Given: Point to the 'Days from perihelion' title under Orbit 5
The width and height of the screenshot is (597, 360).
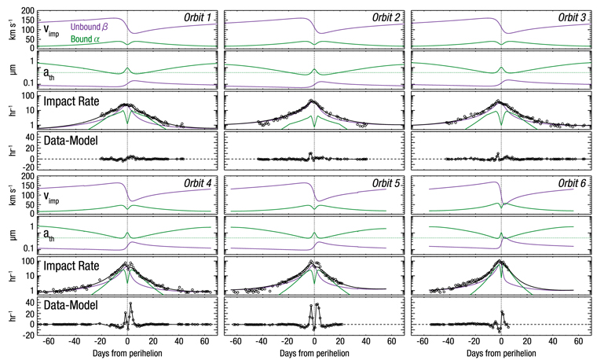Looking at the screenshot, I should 313,353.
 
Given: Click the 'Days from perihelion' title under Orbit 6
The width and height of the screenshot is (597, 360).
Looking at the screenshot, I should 500,353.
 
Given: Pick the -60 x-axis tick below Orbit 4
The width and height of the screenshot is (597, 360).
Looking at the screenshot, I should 49,342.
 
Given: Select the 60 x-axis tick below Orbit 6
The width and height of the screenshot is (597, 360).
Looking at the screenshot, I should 578,342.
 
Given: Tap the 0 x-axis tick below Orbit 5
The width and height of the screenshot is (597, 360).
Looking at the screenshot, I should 313,342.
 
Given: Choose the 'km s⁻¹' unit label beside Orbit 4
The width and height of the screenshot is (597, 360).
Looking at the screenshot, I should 7,197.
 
